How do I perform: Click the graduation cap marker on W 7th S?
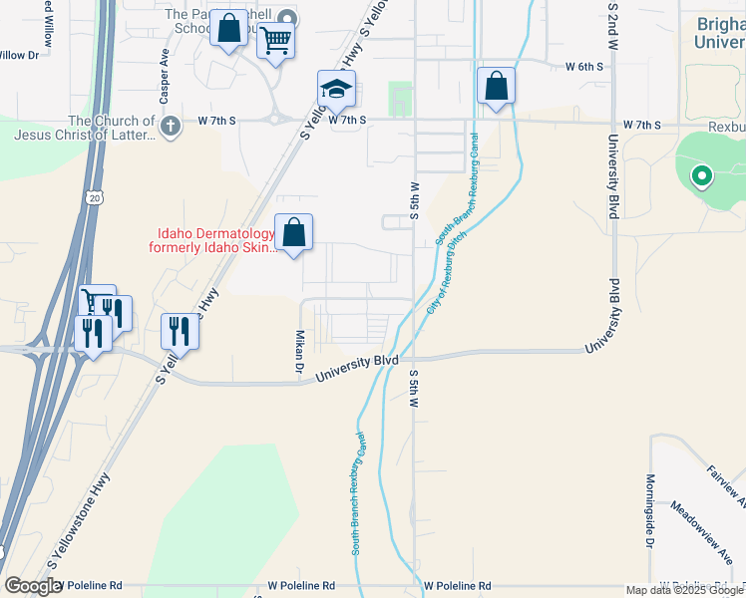point(337,90)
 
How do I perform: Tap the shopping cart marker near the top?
point(275,42)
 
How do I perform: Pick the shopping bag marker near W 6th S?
point(496,87)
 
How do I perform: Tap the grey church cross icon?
point(171,126)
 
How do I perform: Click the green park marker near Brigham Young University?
point(701,177)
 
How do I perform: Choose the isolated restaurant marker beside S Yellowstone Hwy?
point(180,330)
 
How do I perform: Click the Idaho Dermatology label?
point(211,239)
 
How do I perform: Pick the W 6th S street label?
point(584,67)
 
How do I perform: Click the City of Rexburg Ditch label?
point(446,275)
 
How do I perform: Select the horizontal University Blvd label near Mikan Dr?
point(357,369)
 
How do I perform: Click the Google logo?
point(33,586)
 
